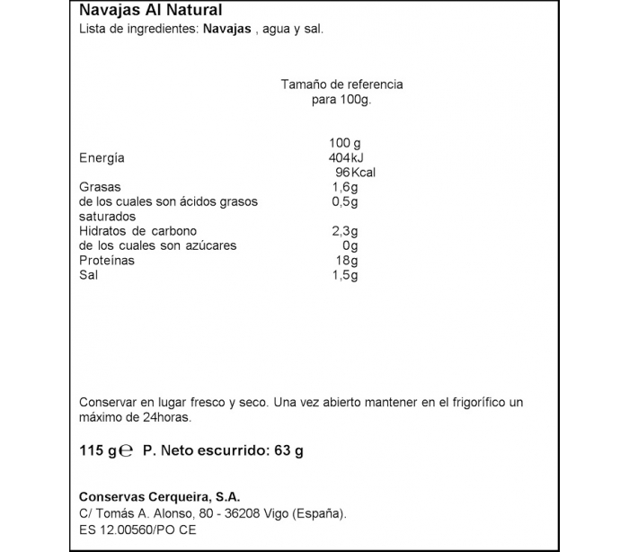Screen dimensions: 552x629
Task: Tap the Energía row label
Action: [x=102, y=158]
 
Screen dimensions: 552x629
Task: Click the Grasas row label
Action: [x=100, y=187]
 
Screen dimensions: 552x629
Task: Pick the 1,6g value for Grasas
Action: [x=345, y=187]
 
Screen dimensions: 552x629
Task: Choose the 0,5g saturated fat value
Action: [x=345, y=202]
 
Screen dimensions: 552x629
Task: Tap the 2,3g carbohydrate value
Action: [x=345, y=231]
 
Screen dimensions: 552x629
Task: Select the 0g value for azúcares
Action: [x=350, y=245]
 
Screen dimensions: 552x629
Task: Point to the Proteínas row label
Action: [x=107, y=260]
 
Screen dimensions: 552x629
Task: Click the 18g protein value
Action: [x=347, y=260]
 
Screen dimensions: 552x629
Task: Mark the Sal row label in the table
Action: [x=89, y=274]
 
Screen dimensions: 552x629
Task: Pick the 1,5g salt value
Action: [x=345, y=274]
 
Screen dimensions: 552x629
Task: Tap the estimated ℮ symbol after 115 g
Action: [x=127, y=451]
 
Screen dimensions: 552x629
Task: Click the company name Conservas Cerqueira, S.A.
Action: [x=160, y=496]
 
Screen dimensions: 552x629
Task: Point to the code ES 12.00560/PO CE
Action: [x=137, y=530]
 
